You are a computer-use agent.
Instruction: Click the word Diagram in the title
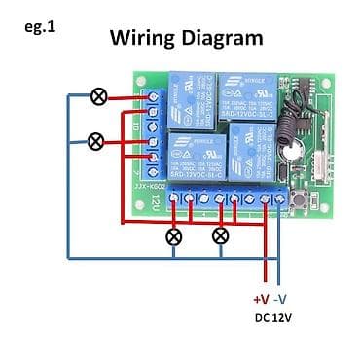(x=223, y=38)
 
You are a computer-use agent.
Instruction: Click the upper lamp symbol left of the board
(x=97, y=95)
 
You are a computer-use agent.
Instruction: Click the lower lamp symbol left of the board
(x=95, y=142)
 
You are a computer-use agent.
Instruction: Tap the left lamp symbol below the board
(x=174, y=235)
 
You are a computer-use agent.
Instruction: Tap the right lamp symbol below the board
(x=221, y=235)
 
